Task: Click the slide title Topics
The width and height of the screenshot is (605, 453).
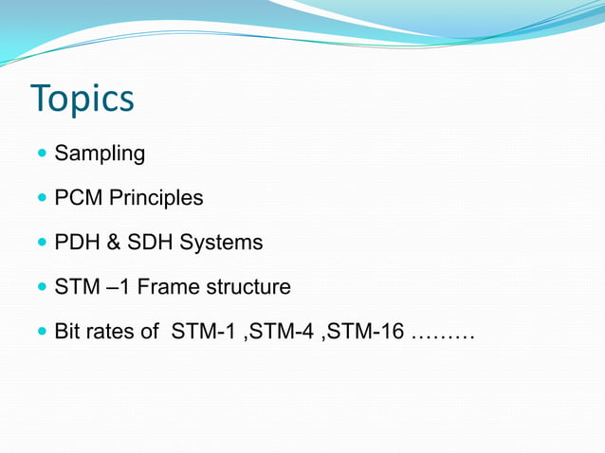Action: point(82,100)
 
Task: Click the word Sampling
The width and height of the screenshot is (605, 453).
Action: point(100,154)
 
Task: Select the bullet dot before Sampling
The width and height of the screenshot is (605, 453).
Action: point(41,153)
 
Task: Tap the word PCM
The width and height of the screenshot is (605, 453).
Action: point(78,198)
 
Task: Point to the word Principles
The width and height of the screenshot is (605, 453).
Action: point(156,198)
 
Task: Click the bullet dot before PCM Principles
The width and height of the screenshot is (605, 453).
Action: point(41,198)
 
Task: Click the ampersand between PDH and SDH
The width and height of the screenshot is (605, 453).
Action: point(113,243)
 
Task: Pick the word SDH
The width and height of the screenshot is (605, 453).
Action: point(150,243)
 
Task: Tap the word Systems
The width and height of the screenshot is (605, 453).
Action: point(221,243)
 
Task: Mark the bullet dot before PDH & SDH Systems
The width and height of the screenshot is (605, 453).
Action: point(41,243)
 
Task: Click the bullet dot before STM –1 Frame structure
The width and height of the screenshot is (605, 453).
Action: point(41,287)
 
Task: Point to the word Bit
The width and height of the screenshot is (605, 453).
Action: point(67,334)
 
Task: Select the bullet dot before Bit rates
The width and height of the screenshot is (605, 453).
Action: point(41,333)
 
